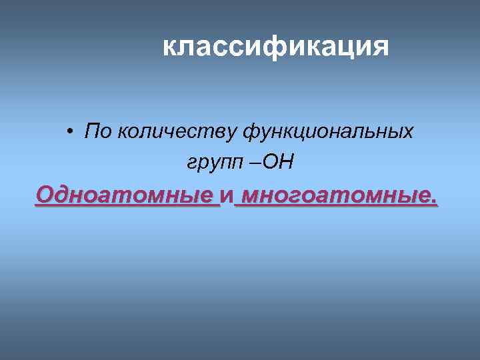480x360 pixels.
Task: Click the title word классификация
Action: (x=275, y=47)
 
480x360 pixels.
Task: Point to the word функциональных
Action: (x=327, y=131)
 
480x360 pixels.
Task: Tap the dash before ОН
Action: (x=258, y=163)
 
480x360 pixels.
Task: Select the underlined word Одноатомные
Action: (x=127, y=195)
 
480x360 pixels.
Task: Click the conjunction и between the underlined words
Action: (x=227, y=196)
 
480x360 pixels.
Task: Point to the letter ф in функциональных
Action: (x=251, y=132)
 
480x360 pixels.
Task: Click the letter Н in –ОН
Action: (x=287, y=162)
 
